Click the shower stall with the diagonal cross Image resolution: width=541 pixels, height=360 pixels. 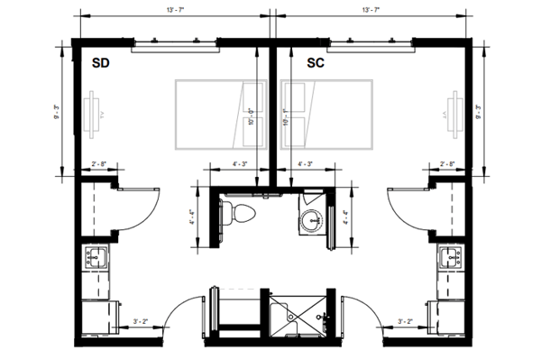[x=302, y=315]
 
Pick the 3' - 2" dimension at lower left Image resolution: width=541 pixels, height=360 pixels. [x=142, y=320]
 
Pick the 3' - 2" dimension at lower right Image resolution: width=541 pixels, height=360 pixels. [x=405, y=320]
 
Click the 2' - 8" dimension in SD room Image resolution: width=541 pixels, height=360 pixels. [x=100, y=165]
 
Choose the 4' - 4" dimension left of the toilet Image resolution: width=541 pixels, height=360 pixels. [x=192, y=217]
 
